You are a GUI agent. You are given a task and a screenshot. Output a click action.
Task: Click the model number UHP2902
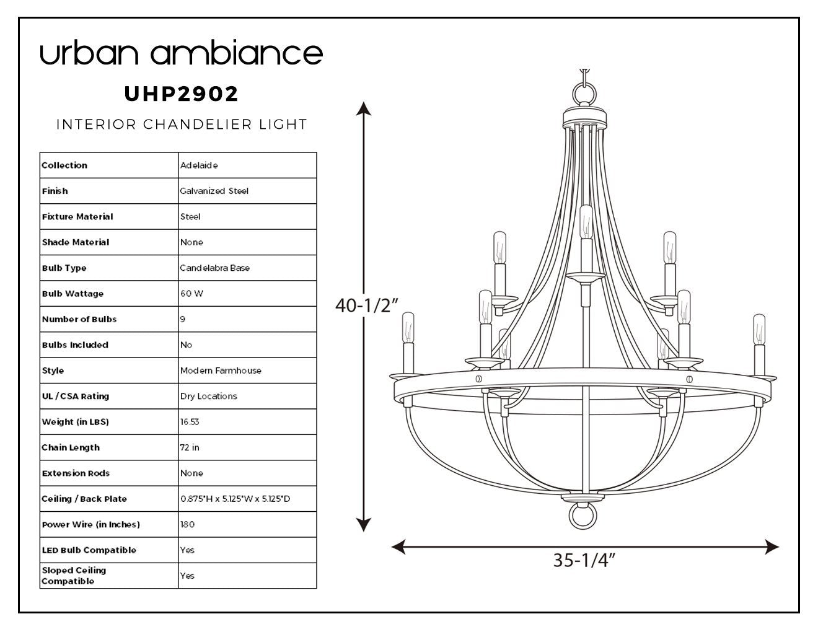pyautogui.click(x=181, y=94)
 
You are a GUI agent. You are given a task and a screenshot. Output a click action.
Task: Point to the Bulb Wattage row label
pyautogui.click(x=73, y=294)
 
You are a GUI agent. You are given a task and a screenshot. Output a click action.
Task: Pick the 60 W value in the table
pyautogui.click(x=191, y=294)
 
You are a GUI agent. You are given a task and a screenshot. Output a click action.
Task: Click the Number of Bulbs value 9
pyautogui.click(x=183, y=319)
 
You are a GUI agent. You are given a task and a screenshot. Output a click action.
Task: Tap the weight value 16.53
pyautogui.click(x=190, y=421)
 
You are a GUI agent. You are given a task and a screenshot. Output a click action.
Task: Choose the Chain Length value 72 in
pyautogui.click(x=190, y=447)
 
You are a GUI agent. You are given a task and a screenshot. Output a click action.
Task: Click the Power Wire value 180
pyautogui.click(x=187, y=524)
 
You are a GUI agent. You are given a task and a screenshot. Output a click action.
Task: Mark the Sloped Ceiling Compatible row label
pyautogui.click(x=74, y=576)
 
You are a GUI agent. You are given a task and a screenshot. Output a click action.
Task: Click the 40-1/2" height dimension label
pyautogui.click(x=366, y=305)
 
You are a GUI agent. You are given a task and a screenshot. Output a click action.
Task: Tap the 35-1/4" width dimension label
pyautogui.click(x=584, y=560)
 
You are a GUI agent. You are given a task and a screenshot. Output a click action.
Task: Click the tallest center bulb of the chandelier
pyautogui.click(x=586, y=222)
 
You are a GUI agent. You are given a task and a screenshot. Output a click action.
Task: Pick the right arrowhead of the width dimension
pyautogui.click(x=772, y=546)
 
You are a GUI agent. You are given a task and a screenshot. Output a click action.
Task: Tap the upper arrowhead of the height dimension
pyautogui.click(x=364, y=108)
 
